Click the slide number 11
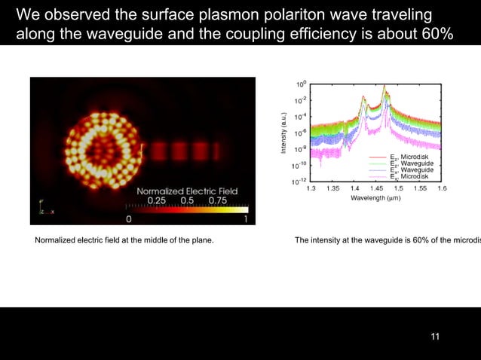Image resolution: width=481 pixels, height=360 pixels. pyautogui.click(x=434, y=336)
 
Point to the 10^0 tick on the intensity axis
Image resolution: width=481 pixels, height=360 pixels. pyautogui.click(x=300, y=84)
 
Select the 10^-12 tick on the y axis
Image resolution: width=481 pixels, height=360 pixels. pyautogui.click(x=299, y=181)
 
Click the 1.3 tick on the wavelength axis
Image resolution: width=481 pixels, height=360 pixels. pyautogui.click(x=311, y=188)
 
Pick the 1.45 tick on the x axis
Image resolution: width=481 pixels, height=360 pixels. pyautogui.click(x=376, y=188)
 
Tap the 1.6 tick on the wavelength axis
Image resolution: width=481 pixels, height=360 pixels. pyautogui.click(x=442, y=188)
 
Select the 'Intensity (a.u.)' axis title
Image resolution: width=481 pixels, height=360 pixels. pyautogui.click(x=284, y=133)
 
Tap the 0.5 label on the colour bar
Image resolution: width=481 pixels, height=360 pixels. pyautogui.click(x=186, y=200)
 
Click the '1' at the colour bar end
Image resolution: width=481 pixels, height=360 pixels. pyautogui.click(x=246, y=219)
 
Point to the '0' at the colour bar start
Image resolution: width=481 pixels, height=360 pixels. pyautogui.click(x=128, y=219)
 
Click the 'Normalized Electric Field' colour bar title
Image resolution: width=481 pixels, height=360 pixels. pyautogui.click(x=186, y=191)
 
